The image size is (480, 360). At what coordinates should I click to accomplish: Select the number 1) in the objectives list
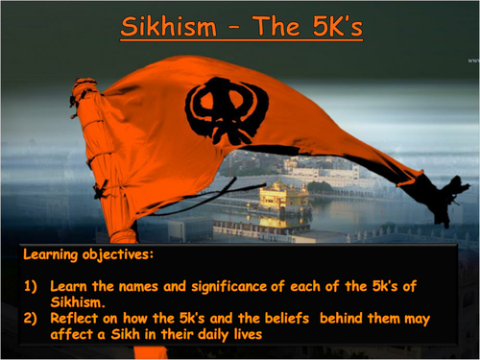tap(33, 287)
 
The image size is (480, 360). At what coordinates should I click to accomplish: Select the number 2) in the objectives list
tap(33, 317)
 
